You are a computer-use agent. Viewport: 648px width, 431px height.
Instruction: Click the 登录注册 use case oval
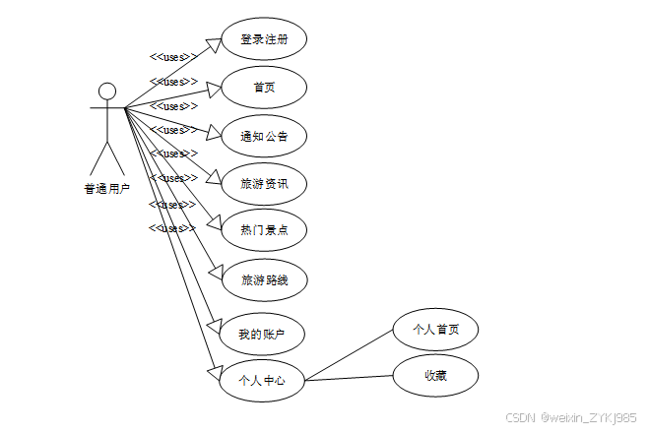(x=263, y=39)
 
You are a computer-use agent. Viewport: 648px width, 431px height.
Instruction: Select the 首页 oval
(x=263, y=88)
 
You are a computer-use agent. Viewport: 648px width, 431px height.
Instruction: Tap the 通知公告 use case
(x=263, y=136)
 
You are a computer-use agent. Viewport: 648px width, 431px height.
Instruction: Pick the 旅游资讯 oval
(x=263, y=183)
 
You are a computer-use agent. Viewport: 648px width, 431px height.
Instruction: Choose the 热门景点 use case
(x=263, y=230)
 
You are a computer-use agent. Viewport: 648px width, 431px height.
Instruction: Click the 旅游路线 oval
(x=263, y=279)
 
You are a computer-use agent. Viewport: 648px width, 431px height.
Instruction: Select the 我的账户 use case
(x=263, y=335)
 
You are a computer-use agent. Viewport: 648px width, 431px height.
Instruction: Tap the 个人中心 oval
(x=262, y=379)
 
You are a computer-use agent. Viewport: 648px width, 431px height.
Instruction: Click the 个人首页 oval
(x=435, y=330)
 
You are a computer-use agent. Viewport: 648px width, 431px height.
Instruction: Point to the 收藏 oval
(x=435, y=375)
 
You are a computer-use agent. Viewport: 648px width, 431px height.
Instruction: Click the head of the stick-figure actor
(x=106, y=92)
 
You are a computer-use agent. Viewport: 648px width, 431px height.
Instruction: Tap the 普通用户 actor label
(x=106, y=189)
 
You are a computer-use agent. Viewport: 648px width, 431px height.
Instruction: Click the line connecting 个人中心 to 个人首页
(x=350, y=354)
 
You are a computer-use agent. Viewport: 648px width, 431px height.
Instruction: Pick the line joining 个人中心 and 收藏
(x=350, y=377)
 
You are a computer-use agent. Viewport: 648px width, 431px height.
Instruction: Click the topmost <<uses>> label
(x=168, y=57)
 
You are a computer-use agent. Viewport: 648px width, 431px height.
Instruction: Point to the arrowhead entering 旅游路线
(x=218, y=272)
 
